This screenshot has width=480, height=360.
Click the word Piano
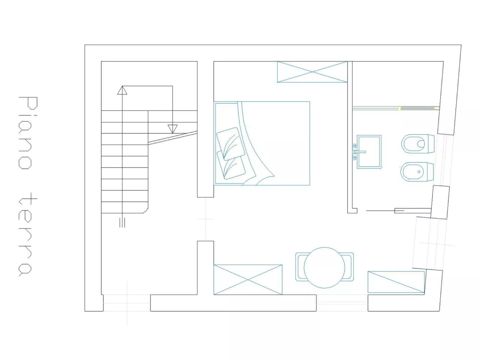(28, 133)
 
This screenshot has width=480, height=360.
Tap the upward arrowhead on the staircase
(122, 90)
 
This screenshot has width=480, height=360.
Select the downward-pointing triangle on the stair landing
(172, 128)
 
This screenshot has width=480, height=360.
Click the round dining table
(324, 267)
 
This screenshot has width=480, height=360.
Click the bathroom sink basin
(369, 151)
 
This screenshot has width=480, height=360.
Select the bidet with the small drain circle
(417, 172)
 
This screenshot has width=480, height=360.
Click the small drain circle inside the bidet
(419, 172)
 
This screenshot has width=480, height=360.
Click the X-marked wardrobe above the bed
(312, 72)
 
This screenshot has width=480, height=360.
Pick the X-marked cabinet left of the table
(248, 280)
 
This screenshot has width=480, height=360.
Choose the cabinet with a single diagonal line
(396, 282)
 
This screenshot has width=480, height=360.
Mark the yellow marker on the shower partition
(400, 108)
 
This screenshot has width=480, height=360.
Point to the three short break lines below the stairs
(122, 222)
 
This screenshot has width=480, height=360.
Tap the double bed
(262, 143)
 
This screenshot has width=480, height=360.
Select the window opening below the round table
(342, 303)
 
